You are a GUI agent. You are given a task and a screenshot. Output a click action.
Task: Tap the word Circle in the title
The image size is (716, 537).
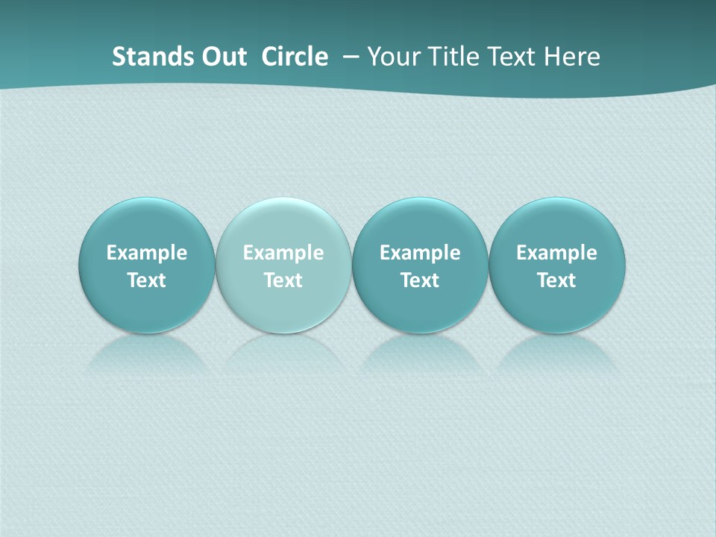(x=295, y=57)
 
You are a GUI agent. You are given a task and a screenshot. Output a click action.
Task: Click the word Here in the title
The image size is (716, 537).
(x=573, y=57)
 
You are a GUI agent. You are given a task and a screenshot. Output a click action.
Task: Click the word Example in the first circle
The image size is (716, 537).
(x=147, y=253)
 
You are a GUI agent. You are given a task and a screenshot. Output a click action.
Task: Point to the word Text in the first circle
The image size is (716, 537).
(x=147, y=280)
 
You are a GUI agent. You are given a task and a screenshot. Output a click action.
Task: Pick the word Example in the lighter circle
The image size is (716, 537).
(x=283, y=253)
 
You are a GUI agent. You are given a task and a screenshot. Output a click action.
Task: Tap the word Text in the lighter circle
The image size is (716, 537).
(x=283, y=280)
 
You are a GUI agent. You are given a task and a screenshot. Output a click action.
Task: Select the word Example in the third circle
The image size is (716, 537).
(x=420, y=253)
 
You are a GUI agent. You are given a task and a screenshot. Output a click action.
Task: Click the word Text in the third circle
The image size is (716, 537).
(x=420, y=280)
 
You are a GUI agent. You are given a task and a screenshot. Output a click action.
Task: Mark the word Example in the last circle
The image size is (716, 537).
(x=556, y=253)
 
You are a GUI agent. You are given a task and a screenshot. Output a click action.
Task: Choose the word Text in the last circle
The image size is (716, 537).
(x=556, y=280)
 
